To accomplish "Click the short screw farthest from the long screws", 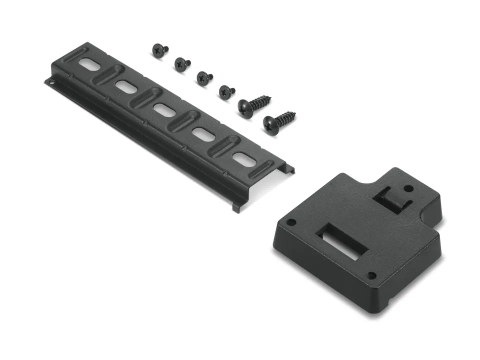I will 159,50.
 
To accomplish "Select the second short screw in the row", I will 181,63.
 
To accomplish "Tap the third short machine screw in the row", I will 203,77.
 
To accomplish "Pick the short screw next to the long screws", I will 226,91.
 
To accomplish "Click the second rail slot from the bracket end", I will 202,134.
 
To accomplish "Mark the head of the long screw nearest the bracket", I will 271,125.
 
